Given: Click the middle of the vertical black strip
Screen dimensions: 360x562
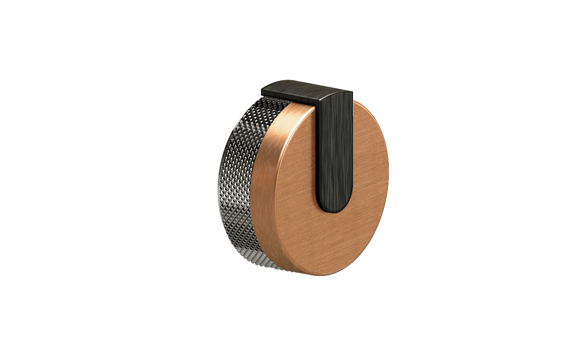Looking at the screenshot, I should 334,151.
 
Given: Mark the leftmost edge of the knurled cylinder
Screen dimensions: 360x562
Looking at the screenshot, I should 219,183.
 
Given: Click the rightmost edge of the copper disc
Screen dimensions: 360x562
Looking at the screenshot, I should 388,169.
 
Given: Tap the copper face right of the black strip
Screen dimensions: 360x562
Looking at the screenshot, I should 369,158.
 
